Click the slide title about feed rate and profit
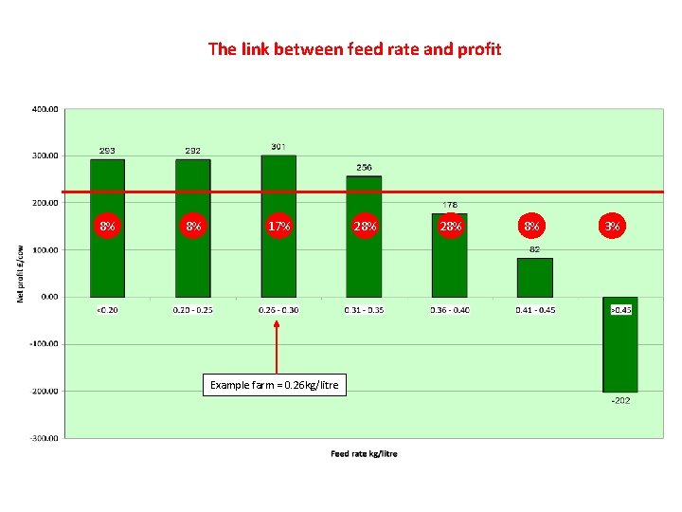coord(354,48)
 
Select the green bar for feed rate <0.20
coord(107,265)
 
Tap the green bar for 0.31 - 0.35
coord(364,265)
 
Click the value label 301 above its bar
coord(278,146)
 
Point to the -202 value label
coord(619,400)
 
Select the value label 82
coord(534,249)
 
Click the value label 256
coord(364,167)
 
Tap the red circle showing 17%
coord(278,227)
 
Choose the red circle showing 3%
coord(613,227)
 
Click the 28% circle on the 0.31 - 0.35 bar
coord(365,227)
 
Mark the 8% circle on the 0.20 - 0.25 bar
coord(193,227)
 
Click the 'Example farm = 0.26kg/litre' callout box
coord(274,385)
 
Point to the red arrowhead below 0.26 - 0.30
coord(277,324)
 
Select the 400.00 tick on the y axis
coord(45,109)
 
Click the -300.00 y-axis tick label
coord(44,438)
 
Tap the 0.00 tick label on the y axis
coord(48,297)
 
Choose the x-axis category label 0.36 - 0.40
coord(450,309)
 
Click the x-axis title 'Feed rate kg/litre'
coord(364,453)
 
